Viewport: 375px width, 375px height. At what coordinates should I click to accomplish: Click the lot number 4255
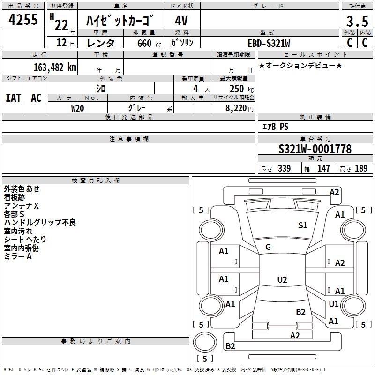tap(23, 19)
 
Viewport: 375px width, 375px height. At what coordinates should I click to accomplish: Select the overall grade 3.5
tap(357, 21)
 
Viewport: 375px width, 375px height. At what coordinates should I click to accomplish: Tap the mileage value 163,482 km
tap(55, 67)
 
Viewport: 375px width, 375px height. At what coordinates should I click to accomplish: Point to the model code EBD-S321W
tap(269, 43)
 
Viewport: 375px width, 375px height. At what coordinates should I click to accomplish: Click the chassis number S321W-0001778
tap(315, 149)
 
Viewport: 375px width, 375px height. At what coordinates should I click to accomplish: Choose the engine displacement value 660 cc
tap(149, 43)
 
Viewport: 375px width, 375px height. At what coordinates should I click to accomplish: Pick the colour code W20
tap(77, 108)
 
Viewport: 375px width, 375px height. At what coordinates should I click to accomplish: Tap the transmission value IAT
tap(14, 98)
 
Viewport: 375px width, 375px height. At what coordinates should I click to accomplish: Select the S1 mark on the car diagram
tap(302, 225)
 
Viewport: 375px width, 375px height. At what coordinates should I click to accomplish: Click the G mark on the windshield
tap(268, 247)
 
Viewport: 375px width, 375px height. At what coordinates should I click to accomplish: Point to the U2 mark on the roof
tap(282, 279)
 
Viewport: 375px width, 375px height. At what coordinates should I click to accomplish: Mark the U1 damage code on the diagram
tap(333, 304)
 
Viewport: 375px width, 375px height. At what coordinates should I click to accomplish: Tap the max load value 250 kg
tap(241, 89)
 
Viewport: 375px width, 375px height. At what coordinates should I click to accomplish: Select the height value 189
tap(361, 168)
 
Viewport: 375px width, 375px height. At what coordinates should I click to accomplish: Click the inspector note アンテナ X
tap(21, 206)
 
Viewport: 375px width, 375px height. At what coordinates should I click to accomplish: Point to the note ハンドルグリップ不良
tap(40, 223)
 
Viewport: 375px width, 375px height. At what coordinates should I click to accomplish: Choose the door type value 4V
tap(181, 21)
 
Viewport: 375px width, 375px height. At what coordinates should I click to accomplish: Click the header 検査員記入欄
tap(96, 180)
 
